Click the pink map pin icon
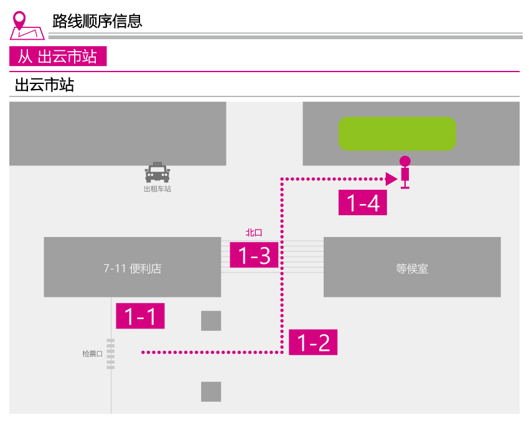(x=27, y=26)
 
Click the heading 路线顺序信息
(x=97, y=21)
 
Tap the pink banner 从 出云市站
(x=58, y=56)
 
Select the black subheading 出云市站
(x=44, y=85)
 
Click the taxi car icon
(x=157, y=172)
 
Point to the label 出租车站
(x=157, y=189)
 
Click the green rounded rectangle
(x=397, y=134)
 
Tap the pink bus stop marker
(x=405, y=172)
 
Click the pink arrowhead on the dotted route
(x=391, y=179)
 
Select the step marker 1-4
(x=363, y=202)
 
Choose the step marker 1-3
(x=254, y=255)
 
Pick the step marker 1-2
(x=313, y=342)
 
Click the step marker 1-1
(x=141, y=316)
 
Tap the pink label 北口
(x=254, y=233)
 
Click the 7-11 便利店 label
(x=133, y=269)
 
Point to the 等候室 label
(x=412, y=269)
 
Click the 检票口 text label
(x=93, y=354)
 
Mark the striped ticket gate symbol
(x=111, y=354)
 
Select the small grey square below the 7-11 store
(x=211, y=321)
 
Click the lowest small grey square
(x=211, y=392)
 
